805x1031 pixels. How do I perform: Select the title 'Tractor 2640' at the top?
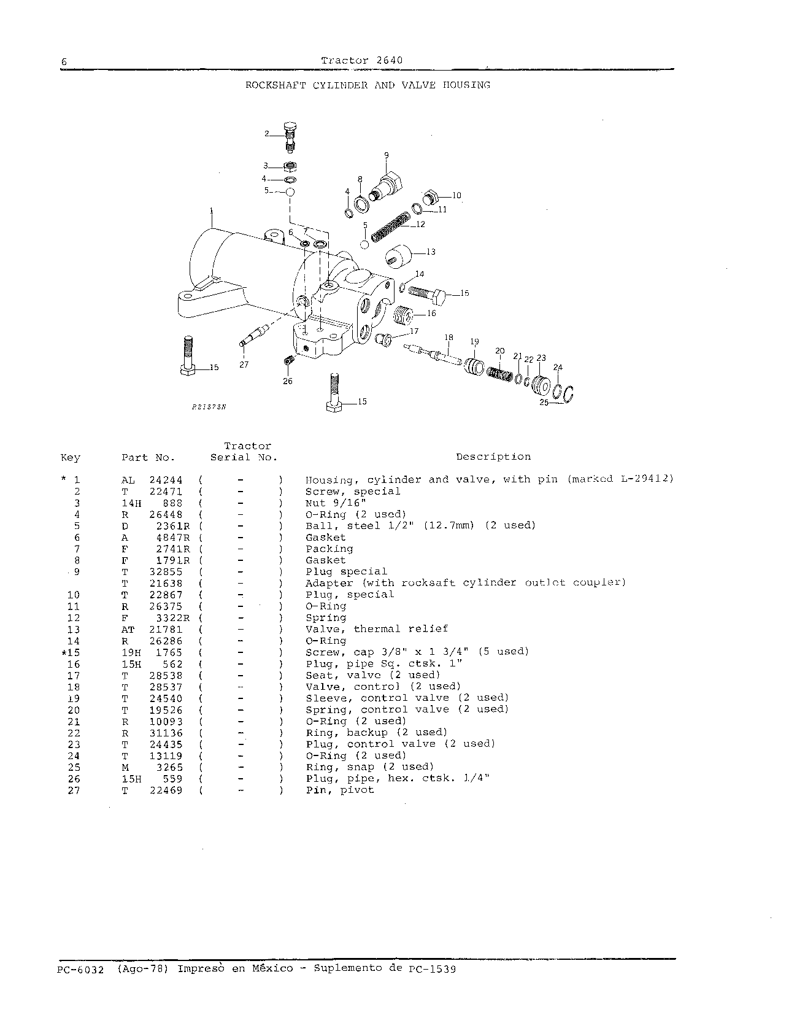click(x=362, y=60)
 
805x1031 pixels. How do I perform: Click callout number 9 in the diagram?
click(x=386, y=155)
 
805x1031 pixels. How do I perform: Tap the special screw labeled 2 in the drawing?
click(x=291, y=137)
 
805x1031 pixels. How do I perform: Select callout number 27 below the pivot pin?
click(x=244, y=365)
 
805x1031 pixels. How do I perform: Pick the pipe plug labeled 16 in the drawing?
click(x=402, y=316)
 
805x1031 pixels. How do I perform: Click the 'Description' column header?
click(x=493, y=457)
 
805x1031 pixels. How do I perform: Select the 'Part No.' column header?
click(x=148, y=457)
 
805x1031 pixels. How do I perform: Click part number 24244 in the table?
click(x=166, y=480)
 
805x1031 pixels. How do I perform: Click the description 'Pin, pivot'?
click(x=340, y=790)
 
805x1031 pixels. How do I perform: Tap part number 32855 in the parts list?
click(x=166, y=572)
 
